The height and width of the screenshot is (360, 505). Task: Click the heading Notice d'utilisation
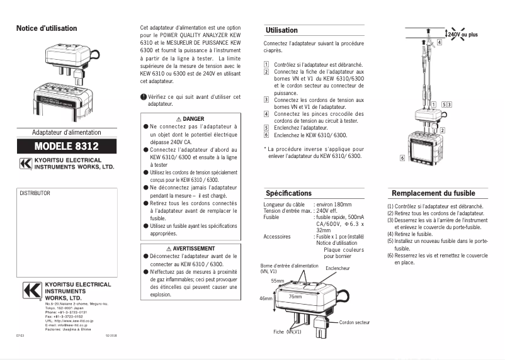coord(47,28)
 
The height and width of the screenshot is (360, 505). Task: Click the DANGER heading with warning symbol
coord(190,118)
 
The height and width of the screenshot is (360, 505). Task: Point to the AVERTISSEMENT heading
coord(190,249)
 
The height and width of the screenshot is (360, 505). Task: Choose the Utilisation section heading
coord(281,30)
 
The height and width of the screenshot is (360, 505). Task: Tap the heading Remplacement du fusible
coord(433,193)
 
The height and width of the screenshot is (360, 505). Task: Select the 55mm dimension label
coord(278,280)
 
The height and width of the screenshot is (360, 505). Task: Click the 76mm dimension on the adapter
coord(295,295)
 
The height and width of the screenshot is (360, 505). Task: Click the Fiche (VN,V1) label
coord(287,331)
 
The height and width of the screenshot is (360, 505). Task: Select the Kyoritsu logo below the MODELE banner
coord(26,165)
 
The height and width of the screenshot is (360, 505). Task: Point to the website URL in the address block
coord(69,320)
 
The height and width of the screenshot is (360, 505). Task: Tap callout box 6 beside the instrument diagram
coord(402,157)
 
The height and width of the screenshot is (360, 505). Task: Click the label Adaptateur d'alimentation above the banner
coord(66,132)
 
